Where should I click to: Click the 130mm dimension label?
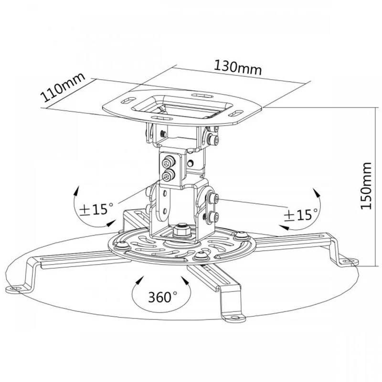238,68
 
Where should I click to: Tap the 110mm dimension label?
63,87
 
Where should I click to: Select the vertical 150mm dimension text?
366,186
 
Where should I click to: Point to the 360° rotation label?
162,297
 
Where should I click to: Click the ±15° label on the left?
96,209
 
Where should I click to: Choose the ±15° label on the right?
301,215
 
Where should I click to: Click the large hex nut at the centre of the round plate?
182,230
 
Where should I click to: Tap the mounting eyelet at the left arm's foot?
16,289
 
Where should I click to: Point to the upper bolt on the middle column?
169,162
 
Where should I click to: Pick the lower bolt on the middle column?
169,175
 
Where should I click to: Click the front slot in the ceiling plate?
162,118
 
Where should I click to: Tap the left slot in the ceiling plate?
128,100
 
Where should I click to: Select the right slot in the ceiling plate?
236,113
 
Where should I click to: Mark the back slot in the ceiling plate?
202,95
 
